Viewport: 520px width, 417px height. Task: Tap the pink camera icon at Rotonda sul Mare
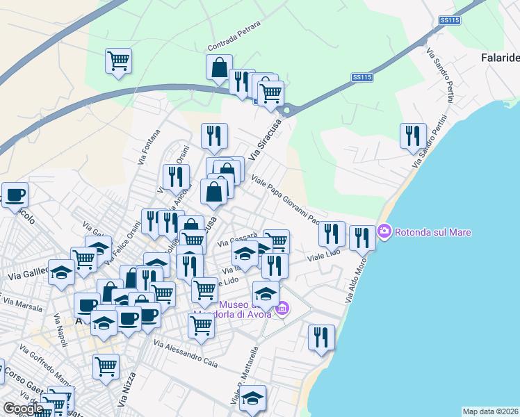click(x=384, y=231)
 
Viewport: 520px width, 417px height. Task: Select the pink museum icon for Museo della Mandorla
click(x=282, y=309)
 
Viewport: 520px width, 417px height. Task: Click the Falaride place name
click(x=500, y=58)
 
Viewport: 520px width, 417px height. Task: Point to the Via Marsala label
click(x=22, y=304)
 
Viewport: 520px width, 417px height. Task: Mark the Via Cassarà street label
click(x=238, y=238)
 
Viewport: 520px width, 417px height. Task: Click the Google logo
click(x=23, y=409)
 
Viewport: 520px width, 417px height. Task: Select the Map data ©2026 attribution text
click(x=489, y=411)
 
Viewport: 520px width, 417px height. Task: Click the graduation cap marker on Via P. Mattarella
click(x=253, y=398)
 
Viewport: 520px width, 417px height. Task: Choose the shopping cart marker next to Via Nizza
click(x=106, y=366)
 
